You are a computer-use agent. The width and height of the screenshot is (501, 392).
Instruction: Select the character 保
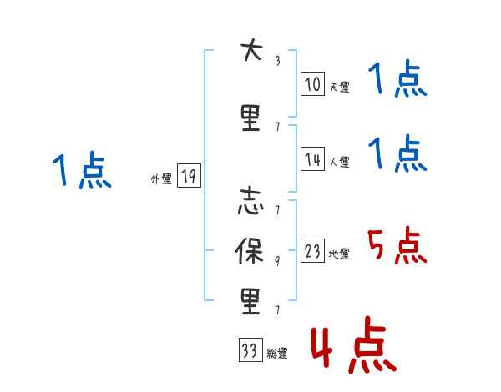coord(250,253)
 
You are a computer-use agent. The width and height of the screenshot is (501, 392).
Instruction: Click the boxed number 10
coord(312,84)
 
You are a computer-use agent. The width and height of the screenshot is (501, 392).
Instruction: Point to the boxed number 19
coord(188,177)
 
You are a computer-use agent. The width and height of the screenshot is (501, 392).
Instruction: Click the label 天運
coord(339,87)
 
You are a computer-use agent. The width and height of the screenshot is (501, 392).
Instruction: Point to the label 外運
coord(161,178)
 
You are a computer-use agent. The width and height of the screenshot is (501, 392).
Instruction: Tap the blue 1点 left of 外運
coord(81,171)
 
